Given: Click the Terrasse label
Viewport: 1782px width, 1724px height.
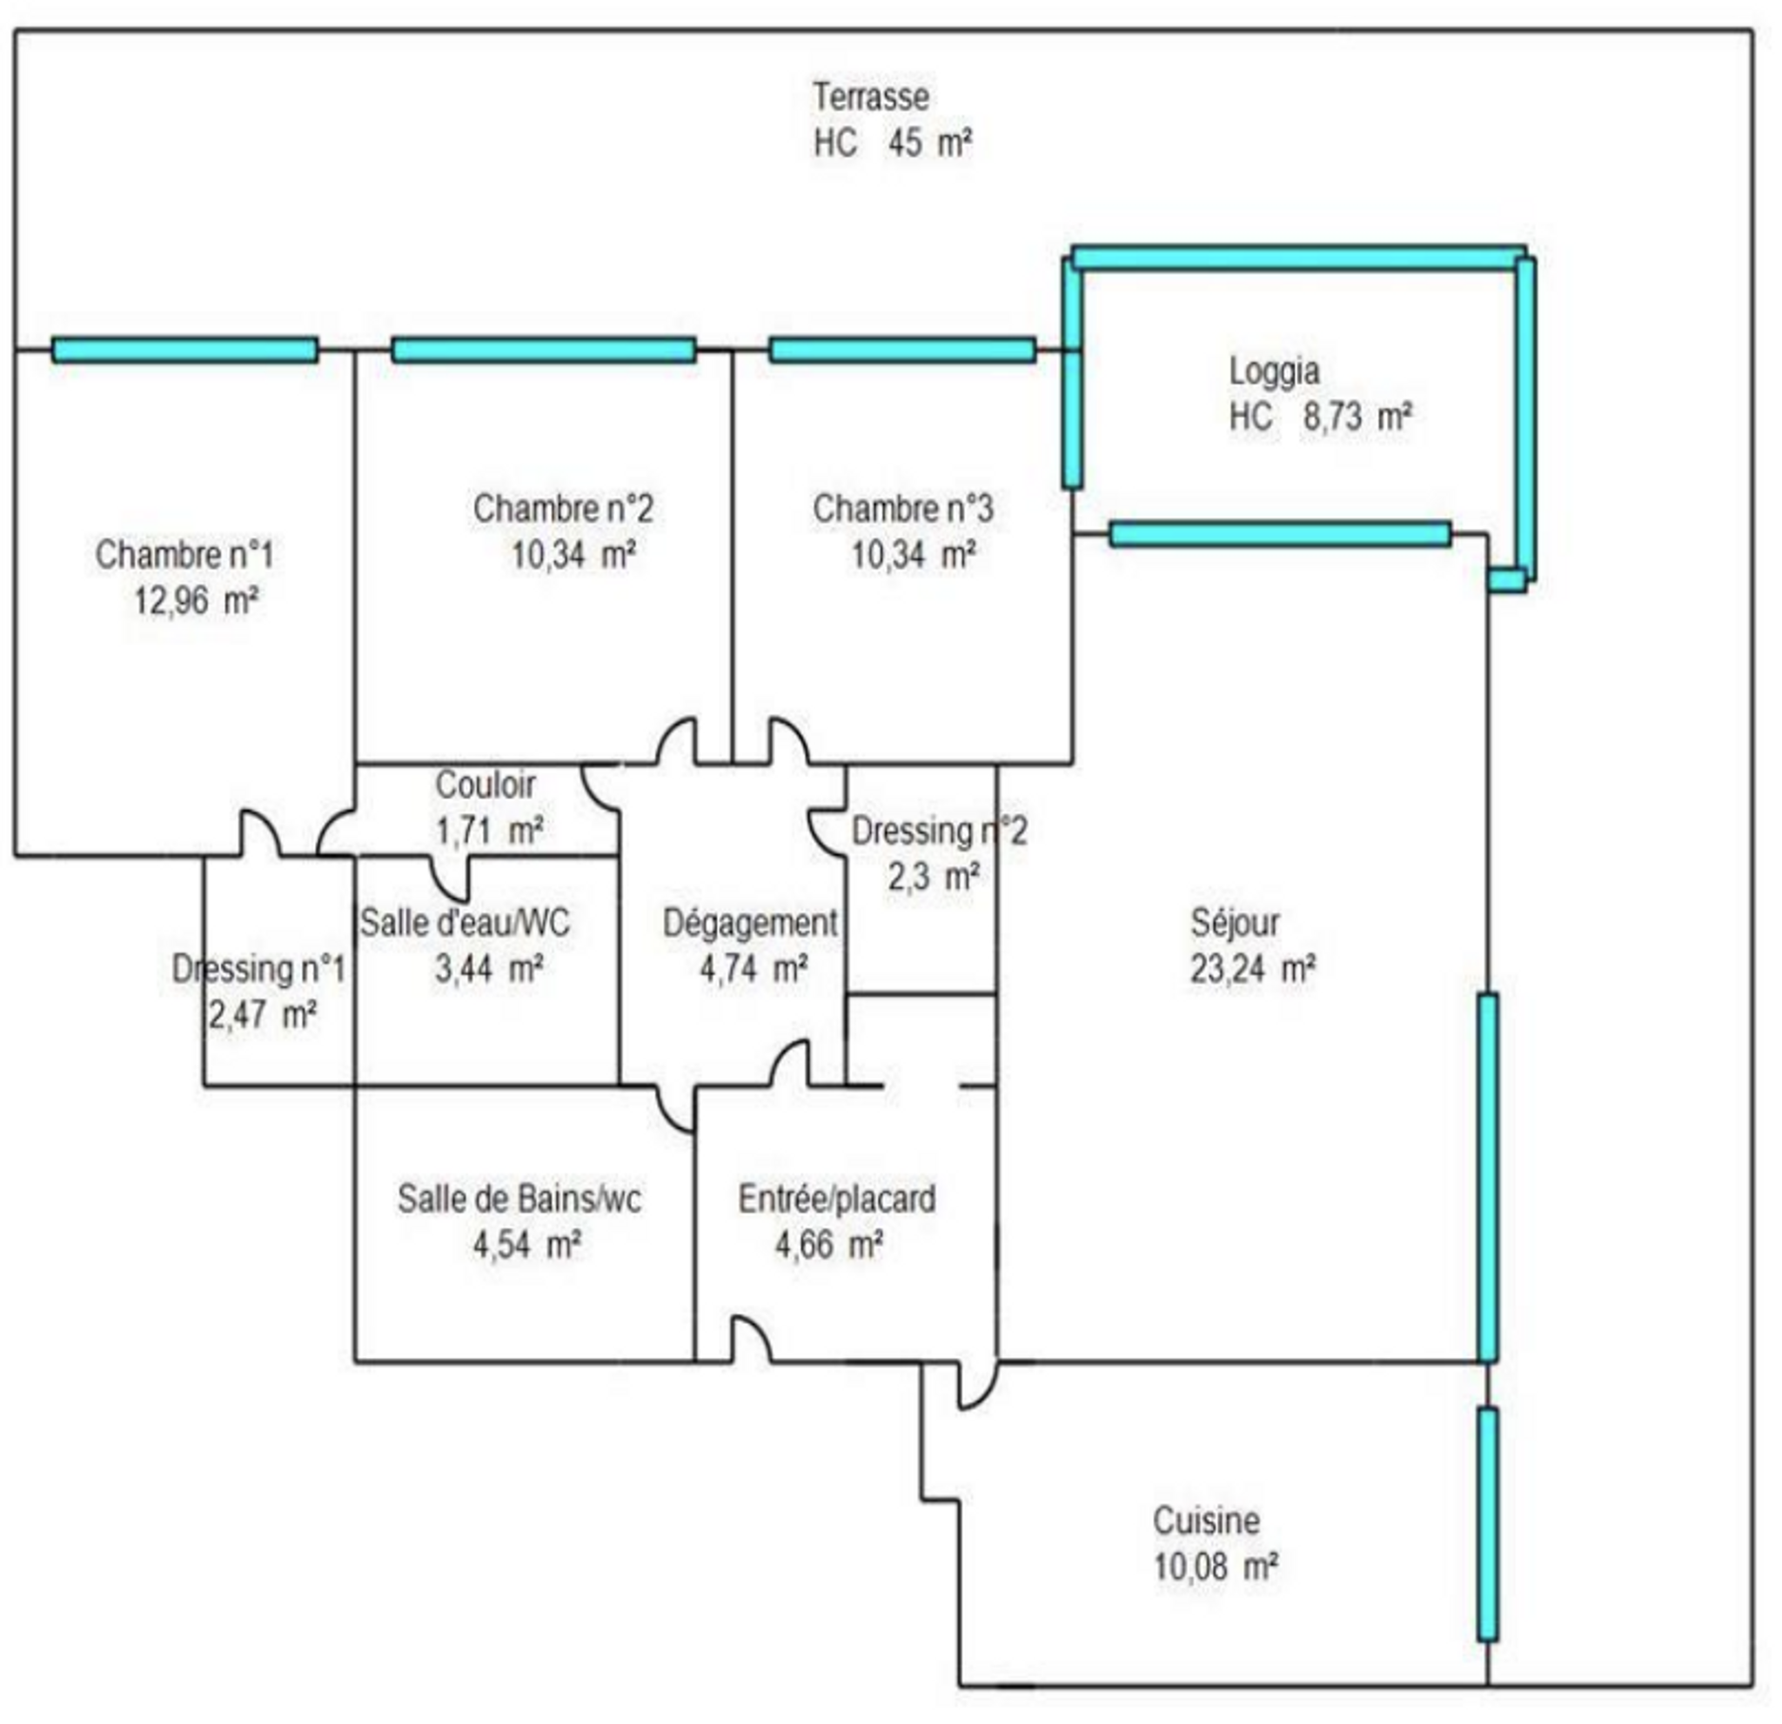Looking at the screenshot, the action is [x=871, y=97].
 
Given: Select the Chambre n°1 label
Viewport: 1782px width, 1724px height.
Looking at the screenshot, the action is [x=184, y=554].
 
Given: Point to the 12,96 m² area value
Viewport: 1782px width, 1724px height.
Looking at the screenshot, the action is [x=196, y=601].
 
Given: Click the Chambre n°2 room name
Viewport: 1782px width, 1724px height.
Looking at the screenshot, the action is [x=563, y=508].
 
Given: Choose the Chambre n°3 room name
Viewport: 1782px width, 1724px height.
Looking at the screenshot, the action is [x=903, y=508].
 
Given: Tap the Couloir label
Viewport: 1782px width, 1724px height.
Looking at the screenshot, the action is [x=486, y=785].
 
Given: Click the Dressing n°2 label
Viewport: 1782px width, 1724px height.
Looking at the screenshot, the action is [x=939, y=831].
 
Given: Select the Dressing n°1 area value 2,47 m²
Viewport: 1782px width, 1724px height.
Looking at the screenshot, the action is [x=262, y=1014].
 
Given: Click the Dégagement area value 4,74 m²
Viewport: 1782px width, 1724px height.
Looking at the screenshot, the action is [x=753, y=969].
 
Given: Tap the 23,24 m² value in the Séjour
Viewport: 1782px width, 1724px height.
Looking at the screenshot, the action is [x=1252, y=969].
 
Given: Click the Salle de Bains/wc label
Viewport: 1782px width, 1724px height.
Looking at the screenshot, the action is [x=519, y=1199].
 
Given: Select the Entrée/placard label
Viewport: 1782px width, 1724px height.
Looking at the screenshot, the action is [x=836, y=1199].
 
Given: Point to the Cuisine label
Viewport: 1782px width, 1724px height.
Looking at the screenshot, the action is [x=1207, y=1520].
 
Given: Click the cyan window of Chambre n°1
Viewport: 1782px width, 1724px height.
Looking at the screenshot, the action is [x=184, y=350].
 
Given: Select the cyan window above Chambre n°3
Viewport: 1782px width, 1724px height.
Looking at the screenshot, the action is [x=902, y=350].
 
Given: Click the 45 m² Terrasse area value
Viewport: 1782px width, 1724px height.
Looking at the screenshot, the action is [x=929, y=143].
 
